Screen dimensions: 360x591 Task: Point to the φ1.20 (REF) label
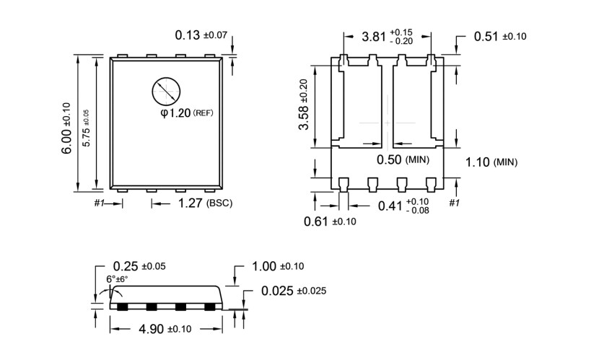pos(186,113)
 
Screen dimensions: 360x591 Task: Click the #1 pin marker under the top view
pos(100,203)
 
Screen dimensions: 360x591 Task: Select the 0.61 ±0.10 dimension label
pos(330,221)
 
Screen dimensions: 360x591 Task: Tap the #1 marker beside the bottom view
pos(454,203)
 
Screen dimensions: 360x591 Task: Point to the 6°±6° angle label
pos(117,279)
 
